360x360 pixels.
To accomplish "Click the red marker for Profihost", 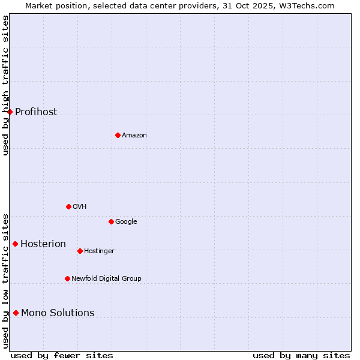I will click(10, 112).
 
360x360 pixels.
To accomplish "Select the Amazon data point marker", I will click(118, 135).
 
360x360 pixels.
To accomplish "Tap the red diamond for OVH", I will click(68, 206).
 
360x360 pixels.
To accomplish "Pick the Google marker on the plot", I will click(111, 221).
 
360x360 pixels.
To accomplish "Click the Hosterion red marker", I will click(15, 244).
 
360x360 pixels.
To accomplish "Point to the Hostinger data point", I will click(80, 251).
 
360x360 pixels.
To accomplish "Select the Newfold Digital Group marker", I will click(67, 278).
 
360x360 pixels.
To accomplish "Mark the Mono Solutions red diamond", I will click(16, 313).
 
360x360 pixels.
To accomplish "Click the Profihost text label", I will click(36, 112).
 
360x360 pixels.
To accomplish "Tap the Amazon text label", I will click(134, 136).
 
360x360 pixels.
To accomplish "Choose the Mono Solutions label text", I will click(58, 313).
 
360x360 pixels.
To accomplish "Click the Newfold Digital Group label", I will click(106, 278).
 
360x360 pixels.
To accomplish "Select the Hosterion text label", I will click(43, 244).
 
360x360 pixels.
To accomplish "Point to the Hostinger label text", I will click(99, 251).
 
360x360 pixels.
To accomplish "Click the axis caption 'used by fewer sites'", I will click(62, 355).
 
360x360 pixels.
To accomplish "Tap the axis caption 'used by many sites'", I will click(301, 355).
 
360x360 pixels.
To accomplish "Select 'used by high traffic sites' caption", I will click(5, 85).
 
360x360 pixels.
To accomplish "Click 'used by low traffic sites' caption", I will click(5, 281).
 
